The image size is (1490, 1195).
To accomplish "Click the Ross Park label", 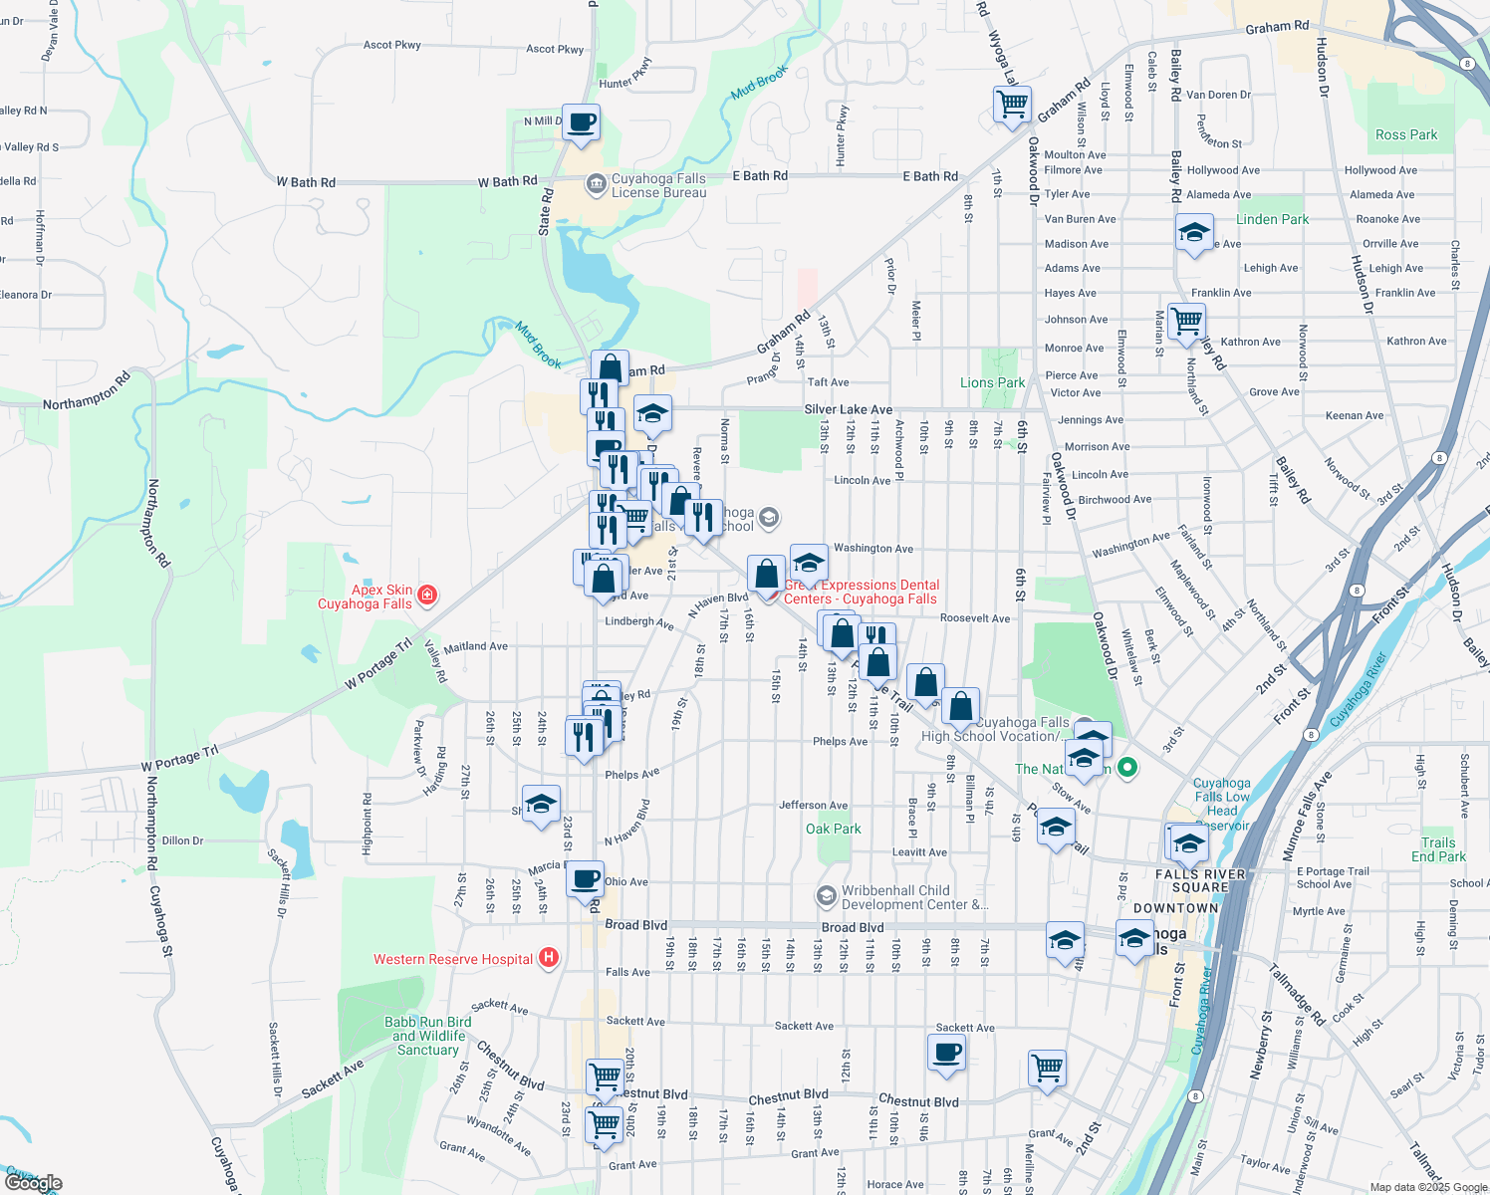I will pos(1406,134).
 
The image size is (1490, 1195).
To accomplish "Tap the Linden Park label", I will pos(1272,219).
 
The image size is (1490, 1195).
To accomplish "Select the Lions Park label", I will pos(992,382).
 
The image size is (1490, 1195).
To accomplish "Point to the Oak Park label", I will pos(833,829).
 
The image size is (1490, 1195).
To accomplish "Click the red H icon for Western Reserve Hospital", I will pos(548,958).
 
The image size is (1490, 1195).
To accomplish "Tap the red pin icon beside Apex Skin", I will pos(427,596).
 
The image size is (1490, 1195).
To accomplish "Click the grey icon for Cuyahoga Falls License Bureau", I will pos(596,183).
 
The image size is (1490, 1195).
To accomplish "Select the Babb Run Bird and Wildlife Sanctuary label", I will pos(428,1036).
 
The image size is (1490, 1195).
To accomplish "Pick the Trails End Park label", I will pos(1438,849).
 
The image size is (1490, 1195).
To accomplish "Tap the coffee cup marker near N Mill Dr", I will pos(582,123).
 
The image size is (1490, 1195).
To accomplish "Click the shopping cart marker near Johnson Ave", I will pos(1186,322).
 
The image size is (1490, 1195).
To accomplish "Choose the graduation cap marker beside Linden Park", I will pos(1193,233).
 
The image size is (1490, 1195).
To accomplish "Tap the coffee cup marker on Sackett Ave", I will pos(946,1052).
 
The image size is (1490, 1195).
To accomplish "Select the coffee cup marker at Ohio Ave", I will pos(586,879).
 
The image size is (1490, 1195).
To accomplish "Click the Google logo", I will pos(34,1182).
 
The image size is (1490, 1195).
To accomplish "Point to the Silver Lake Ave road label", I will pos(849,409).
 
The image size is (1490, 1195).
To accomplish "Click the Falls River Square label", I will pos(1200,881).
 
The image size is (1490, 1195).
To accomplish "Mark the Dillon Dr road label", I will pos(182,840).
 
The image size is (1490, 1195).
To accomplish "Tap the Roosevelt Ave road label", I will pos(975,618).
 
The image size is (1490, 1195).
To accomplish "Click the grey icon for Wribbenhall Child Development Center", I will pos(826,896).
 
